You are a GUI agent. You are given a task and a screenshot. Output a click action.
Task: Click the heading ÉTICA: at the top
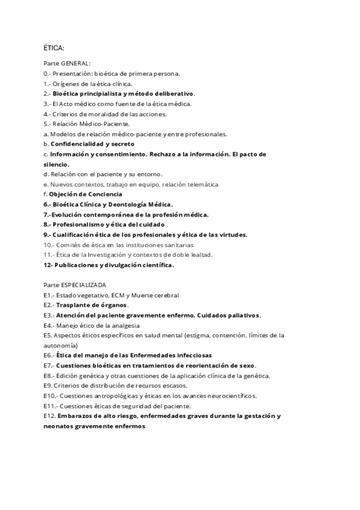coord(54,48)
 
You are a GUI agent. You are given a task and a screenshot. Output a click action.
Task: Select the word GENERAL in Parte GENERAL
coord(75,63)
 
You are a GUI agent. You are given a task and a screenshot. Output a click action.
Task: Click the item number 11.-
coord(49,254)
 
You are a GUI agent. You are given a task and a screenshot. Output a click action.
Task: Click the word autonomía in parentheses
coord(60,346)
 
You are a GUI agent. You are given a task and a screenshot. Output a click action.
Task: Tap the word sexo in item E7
coord(246,366)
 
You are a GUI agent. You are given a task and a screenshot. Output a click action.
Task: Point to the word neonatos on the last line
coord(60,426)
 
